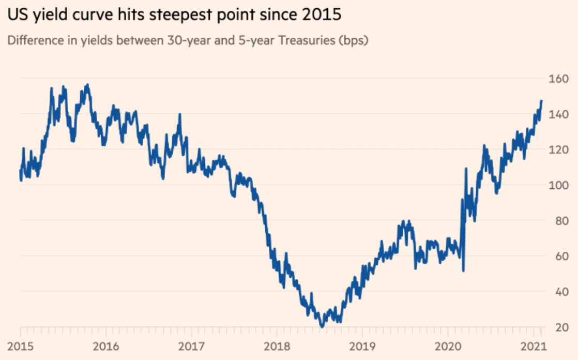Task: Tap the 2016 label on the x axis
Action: pyautogui.click(x=106, y=345)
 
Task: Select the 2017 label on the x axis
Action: pyautogui.click(x=191, y=345)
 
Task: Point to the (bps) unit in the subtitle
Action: pyautogui.click(x=353, y=40)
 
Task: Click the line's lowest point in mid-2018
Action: pyautogui.click(x=322, y=326)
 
